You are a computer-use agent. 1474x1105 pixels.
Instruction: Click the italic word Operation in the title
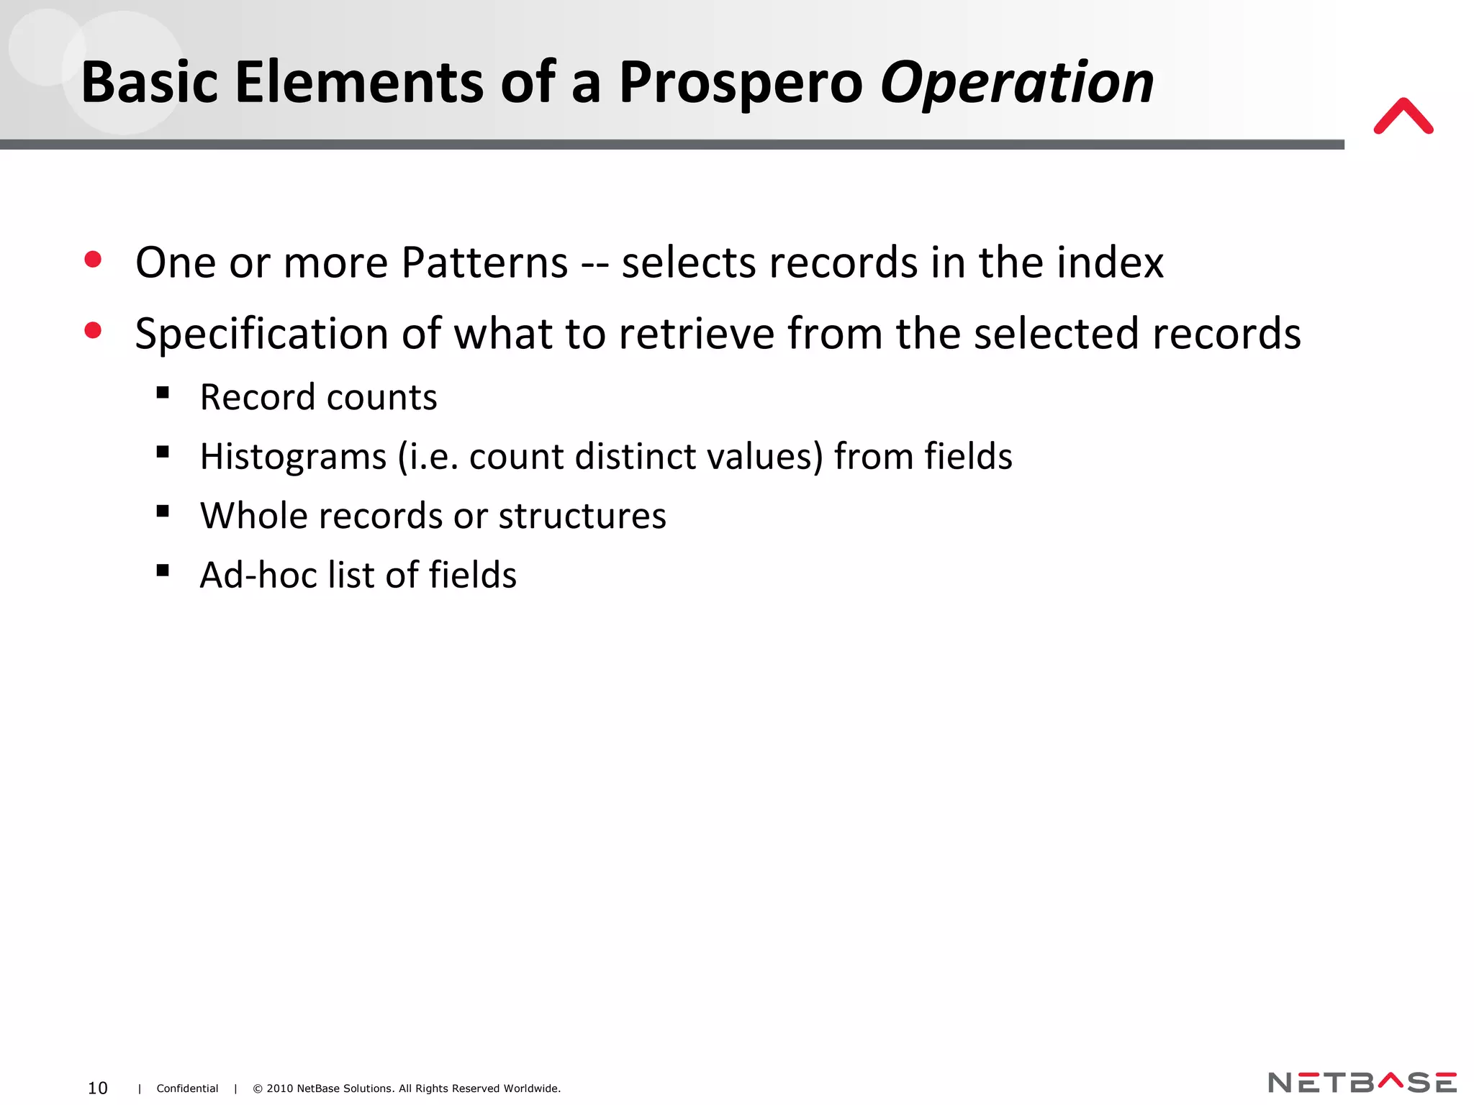click(1017, 83)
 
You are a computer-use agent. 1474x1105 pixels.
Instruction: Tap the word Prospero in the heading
click(740, 83)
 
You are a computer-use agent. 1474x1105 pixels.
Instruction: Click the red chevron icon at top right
click(1403, 117)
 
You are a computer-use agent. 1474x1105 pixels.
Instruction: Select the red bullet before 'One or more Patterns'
click(93, 260)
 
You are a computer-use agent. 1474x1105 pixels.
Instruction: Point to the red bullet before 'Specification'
click(93, 331)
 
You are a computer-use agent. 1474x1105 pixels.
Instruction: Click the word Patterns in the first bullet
click(484, 263)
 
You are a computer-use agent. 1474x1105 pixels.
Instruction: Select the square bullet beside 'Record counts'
click(163, 393)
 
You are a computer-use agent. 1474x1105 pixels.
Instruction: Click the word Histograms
click(294, 457)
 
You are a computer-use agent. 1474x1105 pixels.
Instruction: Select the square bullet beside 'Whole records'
click(163, 511)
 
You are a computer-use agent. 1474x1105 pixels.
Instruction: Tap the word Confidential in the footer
click(187, 1088)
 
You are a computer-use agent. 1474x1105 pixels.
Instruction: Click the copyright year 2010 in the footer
click(280, 1088)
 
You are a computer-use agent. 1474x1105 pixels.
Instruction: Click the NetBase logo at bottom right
click(1362, 1082)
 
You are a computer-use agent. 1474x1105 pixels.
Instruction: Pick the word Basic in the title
click(149, 83)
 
